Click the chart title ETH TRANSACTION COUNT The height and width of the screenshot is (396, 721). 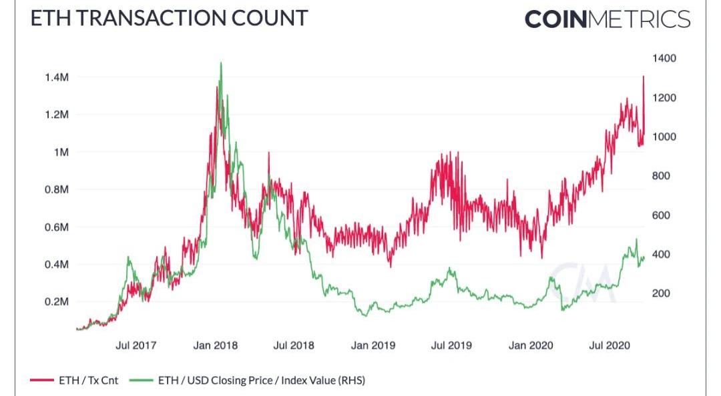point(170,18)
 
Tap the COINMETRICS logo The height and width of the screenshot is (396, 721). point(607,19)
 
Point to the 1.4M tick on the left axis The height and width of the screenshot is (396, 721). point(56,78)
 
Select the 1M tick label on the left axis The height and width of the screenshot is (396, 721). point(62,153)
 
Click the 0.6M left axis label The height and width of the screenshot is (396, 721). point(56,227)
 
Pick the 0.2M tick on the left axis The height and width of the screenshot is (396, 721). point(56,302)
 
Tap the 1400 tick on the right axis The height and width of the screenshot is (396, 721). point(664,59)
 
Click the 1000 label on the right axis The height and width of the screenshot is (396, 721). point(664,137)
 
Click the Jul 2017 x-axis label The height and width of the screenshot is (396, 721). point(136,345)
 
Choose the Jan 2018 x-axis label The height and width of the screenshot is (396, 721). point(216,345)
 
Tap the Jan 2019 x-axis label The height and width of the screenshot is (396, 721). point(373,345)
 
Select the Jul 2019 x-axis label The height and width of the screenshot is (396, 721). point(451,345)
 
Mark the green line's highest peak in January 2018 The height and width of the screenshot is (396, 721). point(221,63)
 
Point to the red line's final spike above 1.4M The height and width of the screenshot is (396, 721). point(643,77)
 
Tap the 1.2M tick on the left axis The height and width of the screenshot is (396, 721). point(56,115)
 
